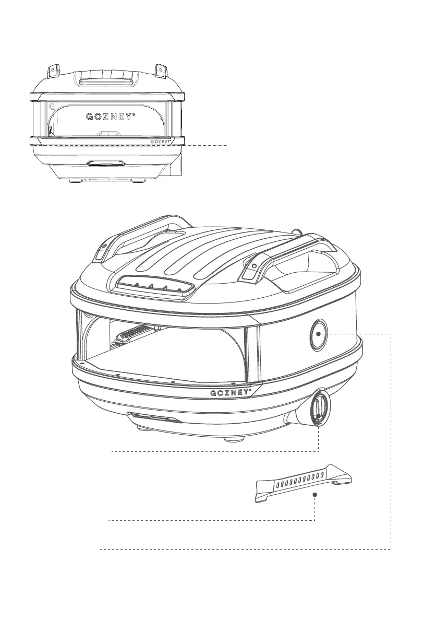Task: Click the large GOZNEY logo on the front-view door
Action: pyautogui.click(x=108, y=116)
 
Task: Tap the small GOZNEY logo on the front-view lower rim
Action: pyautogui.click(x=161, y=141)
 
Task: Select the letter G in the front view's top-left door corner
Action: pyautogui.click(x=52, y=106)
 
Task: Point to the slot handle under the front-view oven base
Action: pyautogui.click(x=106, y=164)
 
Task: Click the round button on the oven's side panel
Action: pyautogui.click(x=318, y=333)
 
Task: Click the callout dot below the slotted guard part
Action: pyautogui.click(x=315, y=493)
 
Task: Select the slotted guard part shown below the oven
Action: pyautogui.click(x=303, y=483)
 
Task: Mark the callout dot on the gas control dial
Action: pyautogui.click(x=318, y=416)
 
